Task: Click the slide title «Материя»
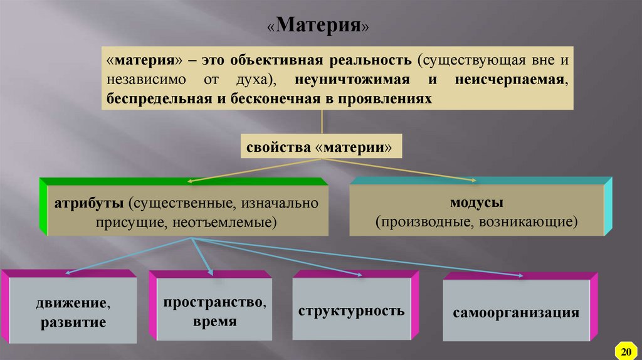[320, 26]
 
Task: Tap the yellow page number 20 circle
[625, 348]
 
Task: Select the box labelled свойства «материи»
[321, 148]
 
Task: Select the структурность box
[351, 311]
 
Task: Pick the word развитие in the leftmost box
[73, 324]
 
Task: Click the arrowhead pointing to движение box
[68, 272]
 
